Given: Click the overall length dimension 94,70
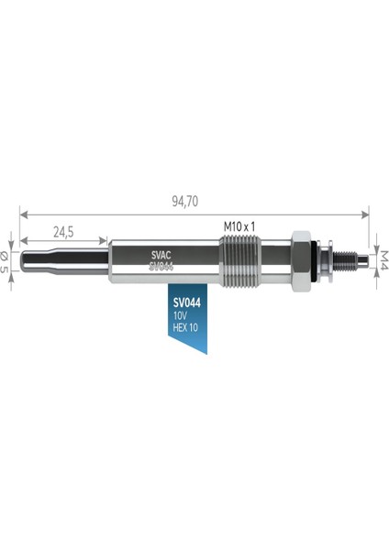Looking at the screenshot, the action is (184, 202).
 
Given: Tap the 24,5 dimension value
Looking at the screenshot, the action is (63, 232).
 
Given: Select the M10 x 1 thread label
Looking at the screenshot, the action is (239, 226).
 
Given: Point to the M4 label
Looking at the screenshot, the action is (383, 260).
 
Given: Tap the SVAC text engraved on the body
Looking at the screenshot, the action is (161, 255).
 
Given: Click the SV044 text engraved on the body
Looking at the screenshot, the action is (161, 267).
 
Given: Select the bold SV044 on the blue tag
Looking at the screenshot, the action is (187, 302).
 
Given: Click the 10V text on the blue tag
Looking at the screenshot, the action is (180, 315).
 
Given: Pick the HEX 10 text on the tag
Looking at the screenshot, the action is (185, 327).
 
